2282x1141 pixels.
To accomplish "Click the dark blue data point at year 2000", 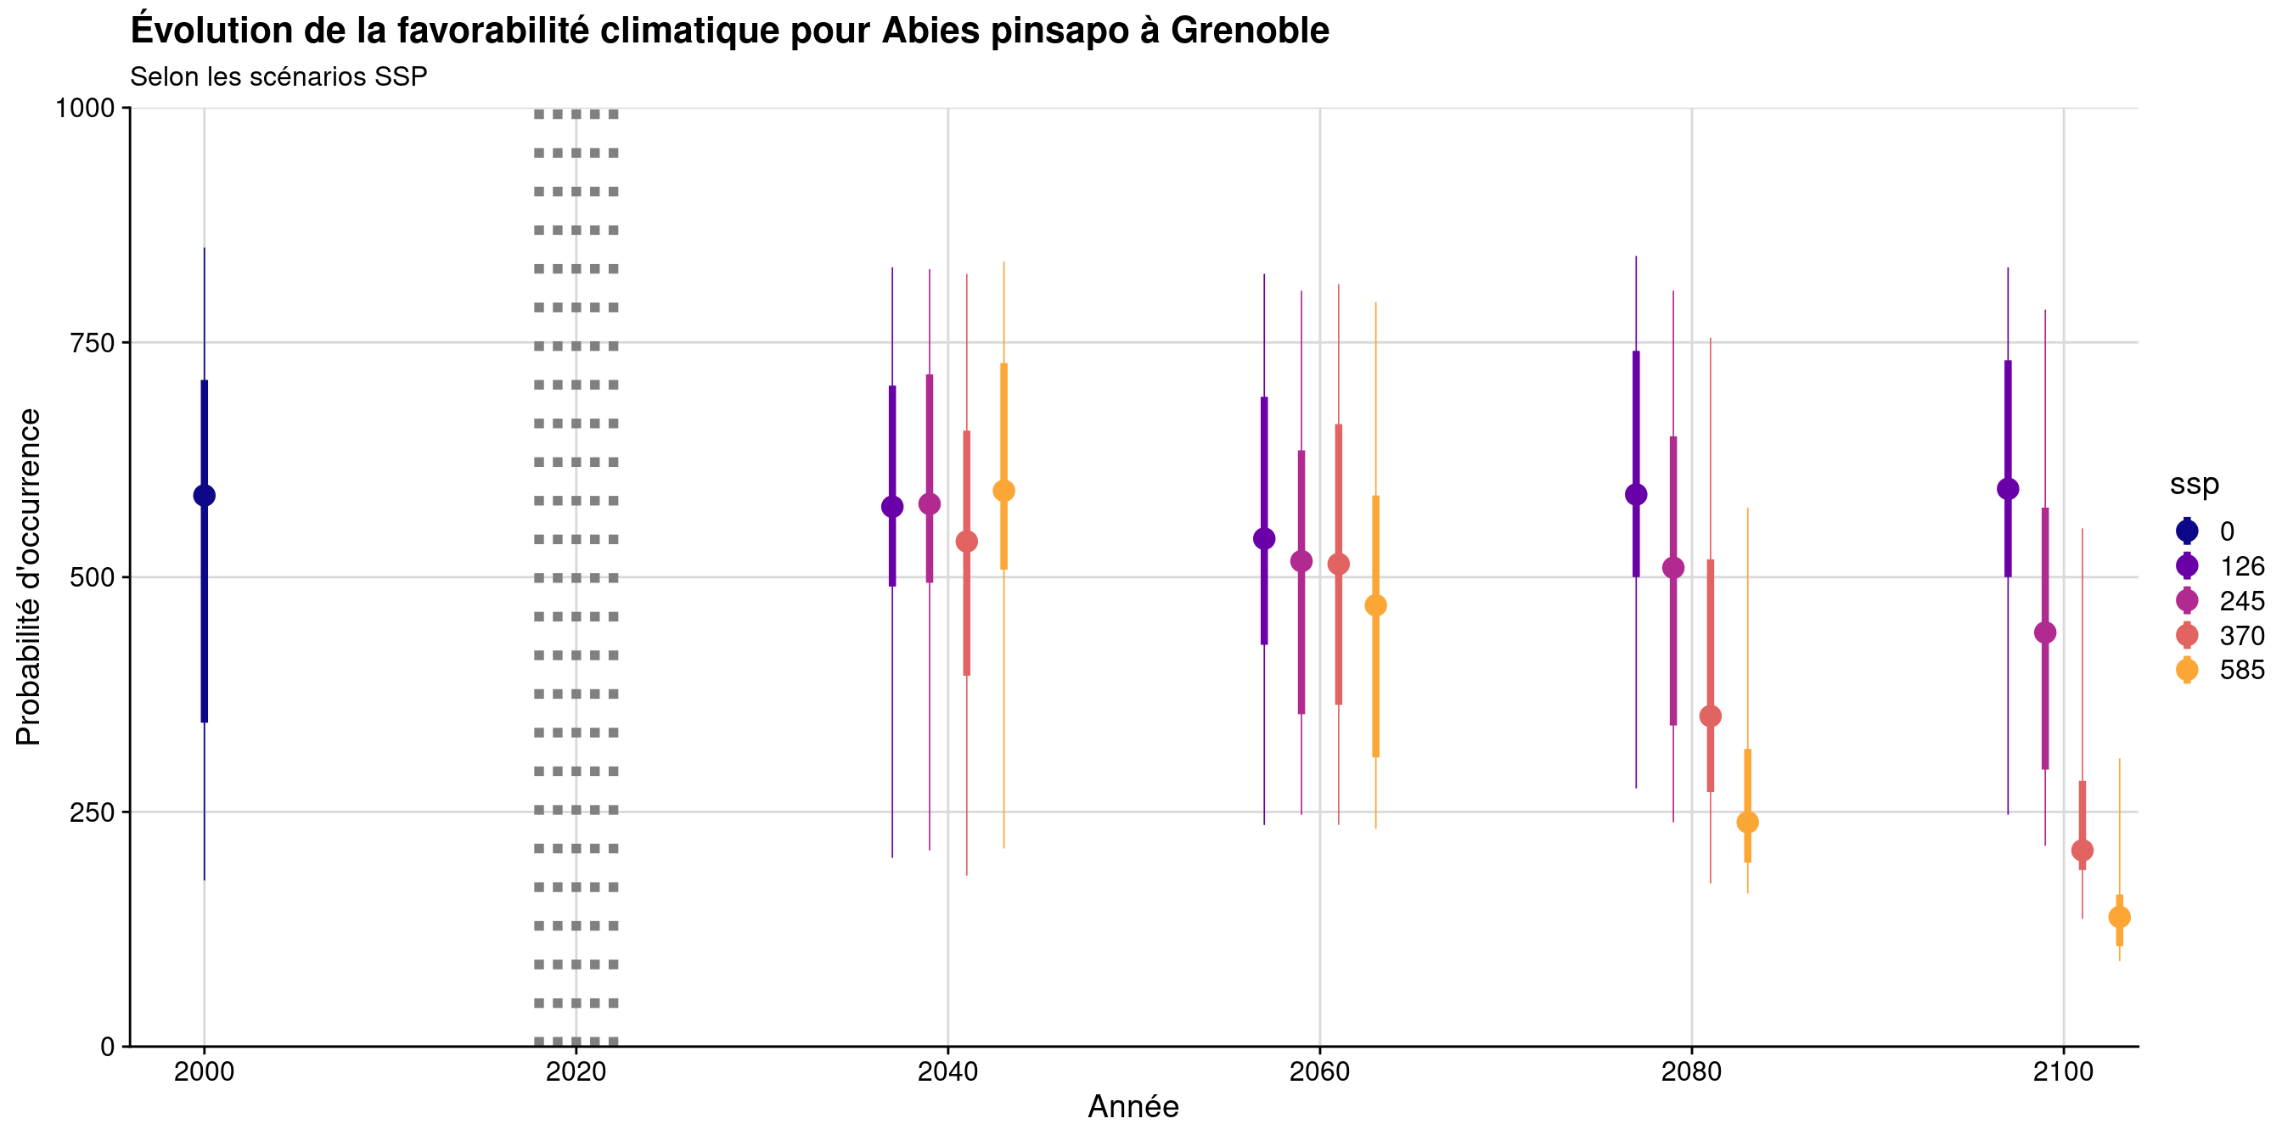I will pyautogui.click(x=204, y=495).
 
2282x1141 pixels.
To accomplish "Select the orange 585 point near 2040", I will pyautogui.click(x=1003, y=491).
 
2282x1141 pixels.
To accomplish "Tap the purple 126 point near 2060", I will pyautogui.click(x=1264, y=538).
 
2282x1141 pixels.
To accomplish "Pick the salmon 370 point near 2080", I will pyautogui.click(x=1711, y=716).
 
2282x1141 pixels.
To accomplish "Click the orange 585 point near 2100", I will pyautogui.click(x=2119, y=917).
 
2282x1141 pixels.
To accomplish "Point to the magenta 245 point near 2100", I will pyautogui.click(x=2044, y=632).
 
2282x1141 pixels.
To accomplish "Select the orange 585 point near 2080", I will pyautogui.click(x=1748, y=822).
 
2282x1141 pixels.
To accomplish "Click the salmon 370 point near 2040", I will pyautogui.click(x=966, y=542).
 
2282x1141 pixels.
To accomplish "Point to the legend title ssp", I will pyautogui.click(x=2195, y=484).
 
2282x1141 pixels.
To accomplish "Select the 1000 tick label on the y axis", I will pyautogui.click(x=85, y=108).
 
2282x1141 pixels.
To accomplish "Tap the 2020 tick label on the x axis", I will pyautogui.click(x=576, y=1072).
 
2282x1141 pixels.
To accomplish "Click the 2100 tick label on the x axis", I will pyautogui.click(x=2063, y=1072).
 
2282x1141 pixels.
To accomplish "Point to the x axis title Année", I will pyautogui.click(x=1133, y=1107).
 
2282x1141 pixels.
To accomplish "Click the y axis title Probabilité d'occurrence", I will pyautogui.click(x=28, y=576).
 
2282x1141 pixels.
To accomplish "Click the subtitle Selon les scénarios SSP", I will pyautogui.click(x=278, y=77).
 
